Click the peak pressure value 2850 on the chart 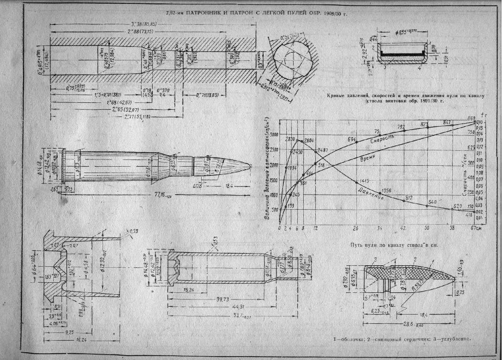coord(290,139)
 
